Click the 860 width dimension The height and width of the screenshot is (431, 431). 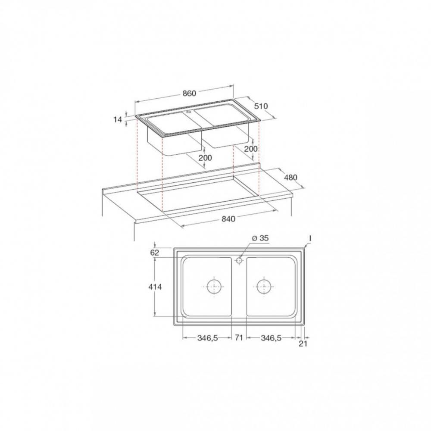coord(189,94)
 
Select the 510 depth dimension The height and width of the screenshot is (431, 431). coord(261,106)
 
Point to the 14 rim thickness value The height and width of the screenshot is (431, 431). coord(118,119)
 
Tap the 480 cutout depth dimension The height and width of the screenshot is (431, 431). coord(290,178)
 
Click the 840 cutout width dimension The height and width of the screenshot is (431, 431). coord(228,219)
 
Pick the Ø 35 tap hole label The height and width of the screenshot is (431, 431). coord(260,238)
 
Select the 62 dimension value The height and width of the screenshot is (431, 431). coord(155,253)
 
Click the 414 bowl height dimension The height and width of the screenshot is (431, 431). coord(155,287)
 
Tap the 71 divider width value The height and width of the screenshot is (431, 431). coord(239,337)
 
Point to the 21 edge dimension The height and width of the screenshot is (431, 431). coord(303,344)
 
